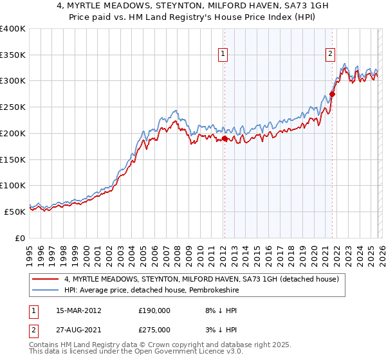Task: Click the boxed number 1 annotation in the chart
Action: click(x=223, y=55)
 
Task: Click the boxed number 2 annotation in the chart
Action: click(x=330, y=55)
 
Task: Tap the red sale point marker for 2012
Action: click(x=225, y=138)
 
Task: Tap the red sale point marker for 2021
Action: click(x=332, y=94)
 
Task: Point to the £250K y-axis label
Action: click(x=13, y=107)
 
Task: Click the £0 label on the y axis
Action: click(x=19, y=238)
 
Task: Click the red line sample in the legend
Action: click(x=46, y=278)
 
